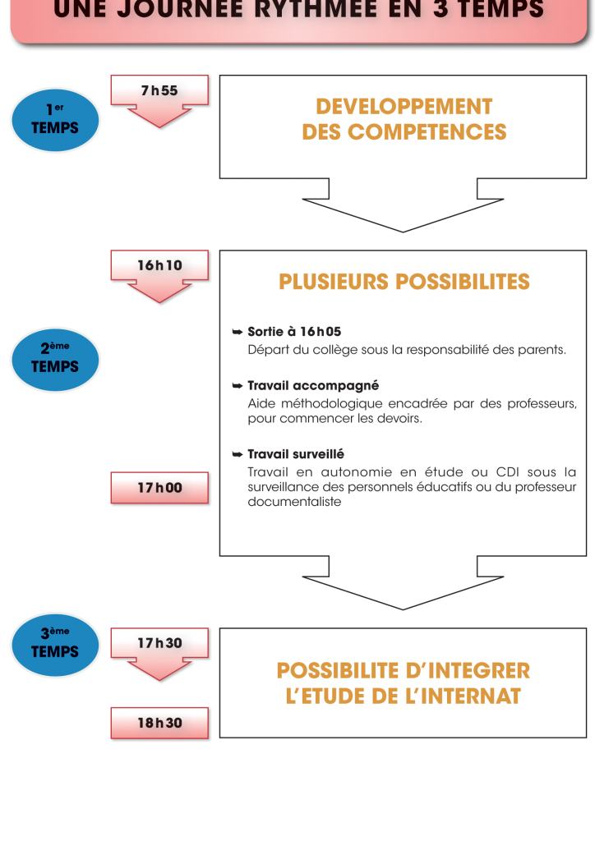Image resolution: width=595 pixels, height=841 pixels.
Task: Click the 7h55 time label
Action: [x=159, y=91]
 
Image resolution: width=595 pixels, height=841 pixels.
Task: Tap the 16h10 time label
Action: [x=159, y=265]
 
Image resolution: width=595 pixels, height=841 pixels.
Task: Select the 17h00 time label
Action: [x=159, y=488]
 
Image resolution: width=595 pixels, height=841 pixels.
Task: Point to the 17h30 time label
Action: [x=159, y=643]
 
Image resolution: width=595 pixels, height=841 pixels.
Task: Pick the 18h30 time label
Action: [x=159, y=723]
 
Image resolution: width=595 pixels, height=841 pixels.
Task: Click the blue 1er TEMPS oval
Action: [x=55, y=120]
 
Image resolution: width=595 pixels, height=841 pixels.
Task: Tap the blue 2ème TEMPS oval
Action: [x=55, y=359]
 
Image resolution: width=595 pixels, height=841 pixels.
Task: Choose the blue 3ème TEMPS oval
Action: [x=55, y=644]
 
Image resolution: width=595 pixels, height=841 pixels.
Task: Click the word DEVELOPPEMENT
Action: [x=404, y=107]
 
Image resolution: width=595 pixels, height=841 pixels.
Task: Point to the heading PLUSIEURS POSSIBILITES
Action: [x=404, y=282]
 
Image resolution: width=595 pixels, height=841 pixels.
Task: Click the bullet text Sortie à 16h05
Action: [x=293, y=332]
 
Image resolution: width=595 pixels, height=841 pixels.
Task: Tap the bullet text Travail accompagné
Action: [x=312, y=385]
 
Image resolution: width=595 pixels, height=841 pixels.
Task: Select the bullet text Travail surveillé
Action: [x=295, y=453]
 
